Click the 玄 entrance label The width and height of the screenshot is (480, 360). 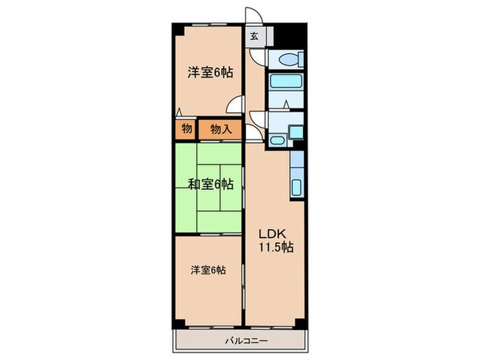tap(254, 36)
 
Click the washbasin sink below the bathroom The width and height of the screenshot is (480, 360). tap(278, 141)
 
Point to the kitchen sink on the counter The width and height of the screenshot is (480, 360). tap(298, 185)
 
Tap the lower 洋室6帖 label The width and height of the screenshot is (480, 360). tap(207, 270)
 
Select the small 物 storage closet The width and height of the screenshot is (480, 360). tap(186, 128)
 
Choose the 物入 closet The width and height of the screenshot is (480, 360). tap(219, 128)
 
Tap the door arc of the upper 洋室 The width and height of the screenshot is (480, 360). tap(235, 105)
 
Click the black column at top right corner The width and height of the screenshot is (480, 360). tap(292, 34)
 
